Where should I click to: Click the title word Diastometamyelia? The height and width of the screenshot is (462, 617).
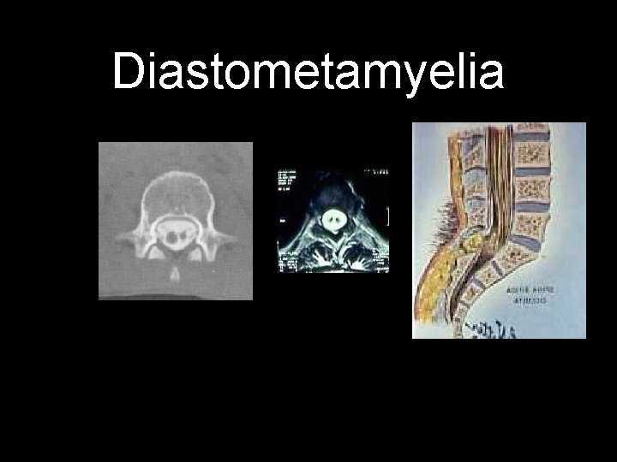tap(308, 71)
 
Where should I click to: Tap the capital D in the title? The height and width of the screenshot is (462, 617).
tap(129, 71)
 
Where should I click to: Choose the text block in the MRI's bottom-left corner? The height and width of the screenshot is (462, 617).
tap(286, 261)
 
